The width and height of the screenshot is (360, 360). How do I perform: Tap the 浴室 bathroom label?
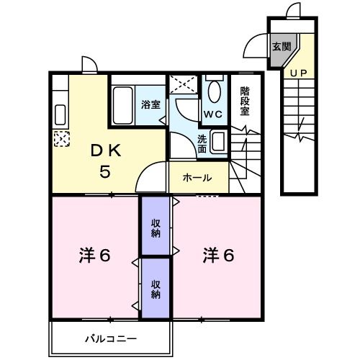tap(151, 104)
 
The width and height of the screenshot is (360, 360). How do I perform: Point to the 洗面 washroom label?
tap(202, 143)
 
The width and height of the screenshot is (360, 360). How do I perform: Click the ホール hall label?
tap(197, 177)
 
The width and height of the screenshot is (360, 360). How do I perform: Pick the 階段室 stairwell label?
tap(245, 101)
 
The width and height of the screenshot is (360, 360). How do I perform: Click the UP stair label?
tap(298, 72)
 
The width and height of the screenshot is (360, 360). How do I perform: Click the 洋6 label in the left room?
tap(94, 256)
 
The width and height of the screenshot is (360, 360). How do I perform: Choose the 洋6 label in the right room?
tap(217, 256)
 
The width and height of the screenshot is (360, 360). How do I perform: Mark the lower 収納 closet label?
tap(156, 288)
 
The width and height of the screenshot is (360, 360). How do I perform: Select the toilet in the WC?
tap(214, 91)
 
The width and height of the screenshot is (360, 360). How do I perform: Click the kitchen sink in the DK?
tap(60, 114)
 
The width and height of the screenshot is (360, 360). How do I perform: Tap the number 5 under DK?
tap(105, 173)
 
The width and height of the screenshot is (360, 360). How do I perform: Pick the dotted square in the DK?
tap(61, 138)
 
